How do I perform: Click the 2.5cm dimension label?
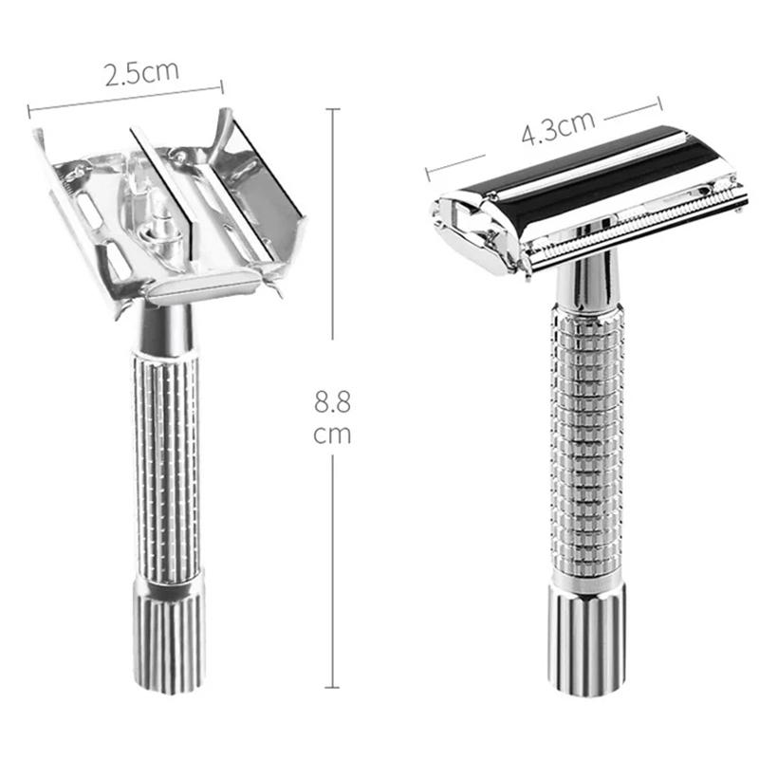141,74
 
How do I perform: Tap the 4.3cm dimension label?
558,128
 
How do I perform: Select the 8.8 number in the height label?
332,401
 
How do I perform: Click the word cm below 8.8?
332,435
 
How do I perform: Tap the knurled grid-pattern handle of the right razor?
587,446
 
